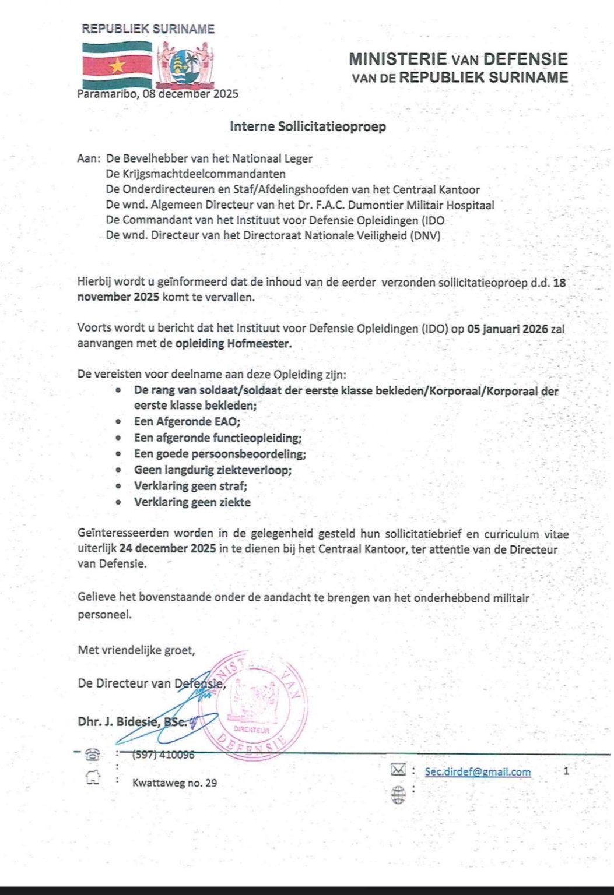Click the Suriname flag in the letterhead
tap(116, 65)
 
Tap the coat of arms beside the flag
tap(185, 64)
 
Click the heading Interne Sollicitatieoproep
tap(307, 126)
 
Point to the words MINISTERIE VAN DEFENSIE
tap(458, 59)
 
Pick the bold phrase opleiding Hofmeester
tap(233, 343)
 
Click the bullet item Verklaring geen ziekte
tap(192, 502)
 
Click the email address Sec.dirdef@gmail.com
tap(478, 772)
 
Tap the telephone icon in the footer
tap(92, 755)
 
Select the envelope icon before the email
tap(398, 770)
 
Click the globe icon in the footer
tap(398, 795)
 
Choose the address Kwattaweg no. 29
tap(174, 783)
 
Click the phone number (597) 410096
tap(163, 755)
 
